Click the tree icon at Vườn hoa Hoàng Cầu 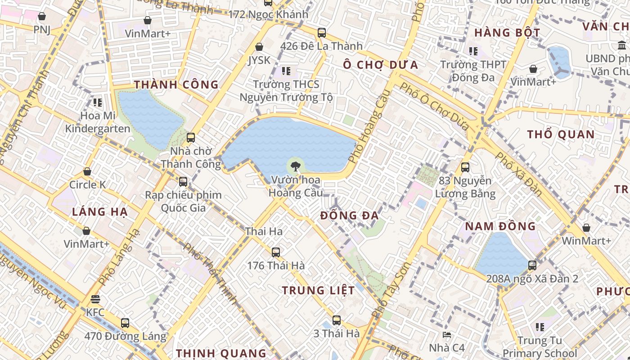pos(295,166)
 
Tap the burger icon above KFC pos(95,299)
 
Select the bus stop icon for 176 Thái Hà pos(276,252)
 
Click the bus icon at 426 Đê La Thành pos(321,33)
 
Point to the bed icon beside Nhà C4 pos(447,335)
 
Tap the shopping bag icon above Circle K pos(87,172)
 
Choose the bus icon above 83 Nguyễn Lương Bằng pos(465,167)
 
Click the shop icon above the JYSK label pos(259,47)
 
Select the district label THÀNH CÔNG pos(176,85)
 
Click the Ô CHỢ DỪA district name pos(380,65)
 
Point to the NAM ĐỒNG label pos(500,226)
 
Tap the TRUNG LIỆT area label pos(318,291)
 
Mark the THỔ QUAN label pos(561,135)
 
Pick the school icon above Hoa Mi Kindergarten pos(98,103)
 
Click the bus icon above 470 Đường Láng pos(125,323)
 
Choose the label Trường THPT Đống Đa pos(473,71)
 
